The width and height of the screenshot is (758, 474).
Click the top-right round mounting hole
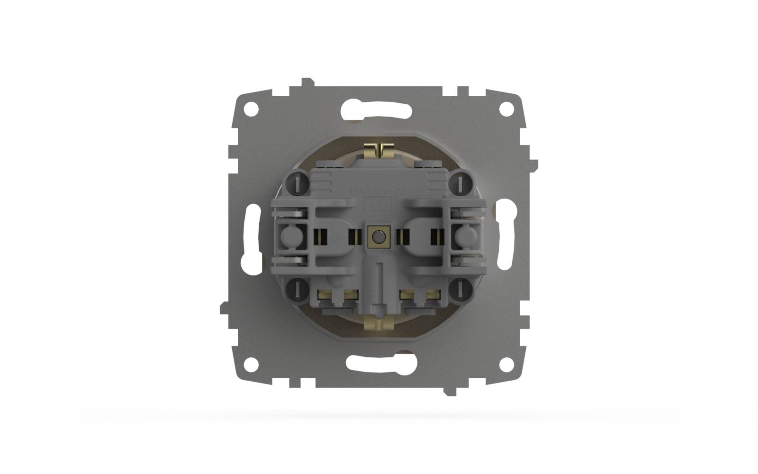point(507,109)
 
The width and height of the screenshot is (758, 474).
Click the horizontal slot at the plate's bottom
point(379,364)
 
